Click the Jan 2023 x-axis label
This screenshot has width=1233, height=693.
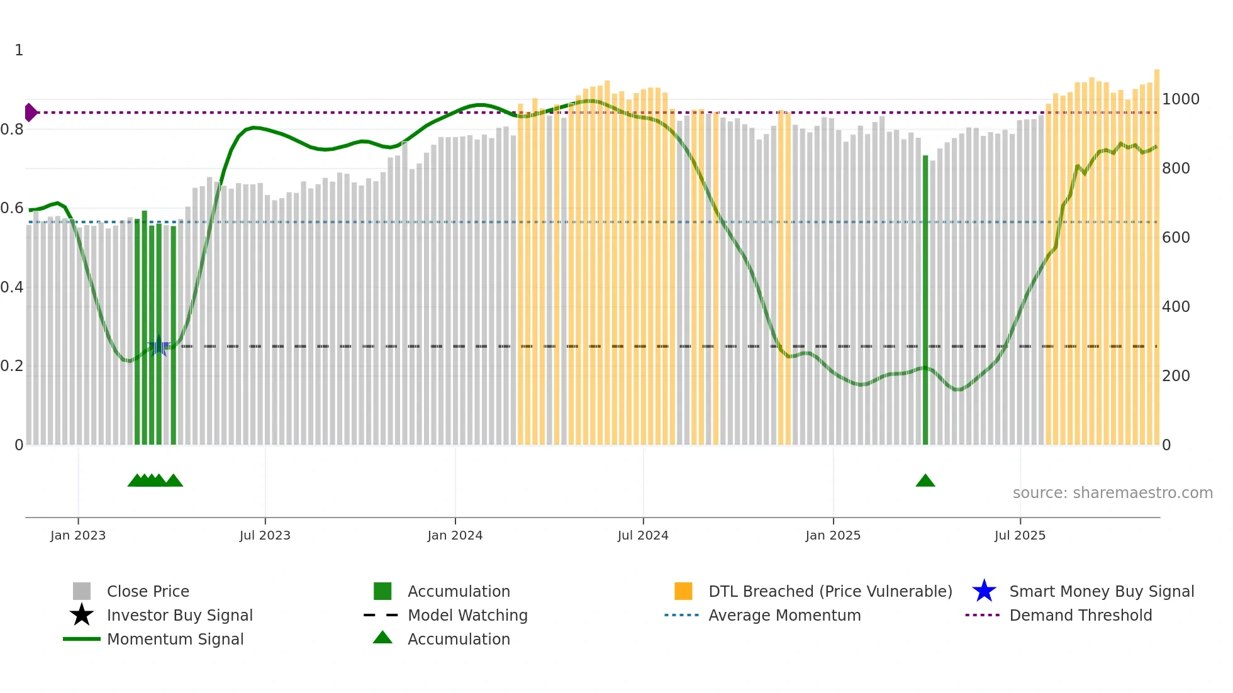(x=78, y=535)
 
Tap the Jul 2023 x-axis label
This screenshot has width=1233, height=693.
(x=265, y=535)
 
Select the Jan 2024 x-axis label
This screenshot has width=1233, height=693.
(x=455, y=535)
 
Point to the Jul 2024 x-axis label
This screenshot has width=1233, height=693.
(x=643, y=535)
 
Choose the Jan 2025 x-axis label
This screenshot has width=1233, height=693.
(x=833, y=535)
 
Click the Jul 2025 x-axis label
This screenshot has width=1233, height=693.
(x=1020, y=535)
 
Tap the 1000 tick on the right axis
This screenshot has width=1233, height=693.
(x=1181, y=99)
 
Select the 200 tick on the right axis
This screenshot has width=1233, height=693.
(x=1176, y=376)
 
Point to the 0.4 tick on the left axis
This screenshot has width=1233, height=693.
(x=12, y=287)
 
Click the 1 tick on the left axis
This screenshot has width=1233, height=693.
(x=19, y=50)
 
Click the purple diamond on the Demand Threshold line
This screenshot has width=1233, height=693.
(x=30, y=113)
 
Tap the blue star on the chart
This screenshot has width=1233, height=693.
(x=159, y=346)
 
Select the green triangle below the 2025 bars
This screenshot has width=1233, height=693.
(x=925, y=481)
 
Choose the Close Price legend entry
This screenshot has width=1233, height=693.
(x=148, y=591)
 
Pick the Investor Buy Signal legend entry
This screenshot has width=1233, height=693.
(x=179, y=615)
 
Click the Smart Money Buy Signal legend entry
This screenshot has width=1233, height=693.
(x=1101, y=591)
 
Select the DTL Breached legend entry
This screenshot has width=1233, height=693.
(x=830, y=591)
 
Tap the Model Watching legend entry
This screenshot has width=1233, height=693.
(x=467, y=615)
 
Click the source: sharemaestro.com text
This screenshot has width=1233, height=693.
(x=1112, y=493)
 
